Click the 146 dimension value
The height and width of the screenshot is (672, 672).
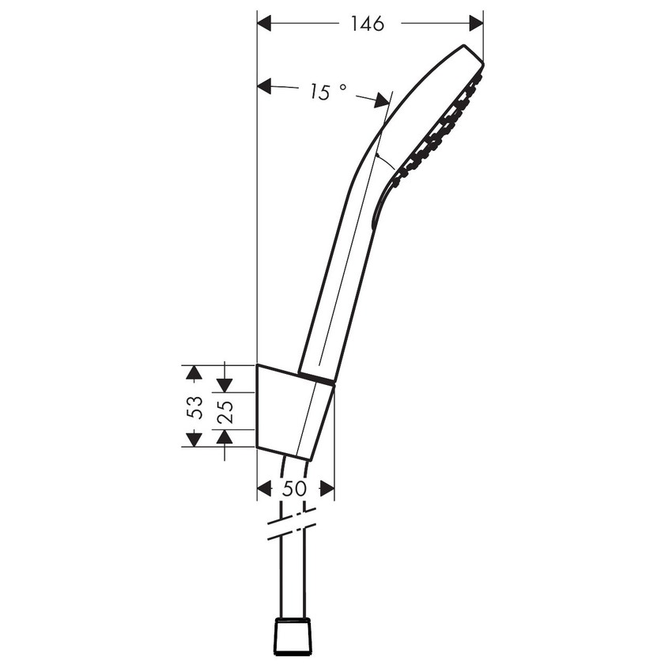point(367,24)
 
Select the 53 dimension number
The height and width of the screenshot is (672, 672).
point(194,407)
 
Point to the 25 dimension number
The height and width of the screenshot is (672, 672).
point(225,411)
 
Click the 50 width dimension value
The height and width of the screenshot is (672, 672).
point(294,489)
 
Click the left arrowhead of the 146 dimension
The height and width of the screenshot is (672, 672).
point(264,24)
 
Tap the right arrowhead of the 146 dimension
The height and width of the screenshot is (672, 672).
point(476,24)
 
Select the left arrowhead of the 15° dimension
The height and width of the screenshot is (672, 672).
point(264,86)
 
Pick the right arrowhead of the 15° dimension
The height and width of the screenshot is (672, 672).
point(383,100)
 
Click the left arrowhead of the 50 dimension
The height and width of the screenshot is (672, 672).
point(264,489)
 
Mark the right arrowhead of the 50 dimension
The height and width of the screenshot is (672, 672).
point(327,489)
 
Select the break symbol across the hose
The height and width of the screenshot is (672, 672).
point(292,524)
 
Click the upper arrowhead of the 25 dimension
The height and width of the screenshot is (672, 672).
point(225,384)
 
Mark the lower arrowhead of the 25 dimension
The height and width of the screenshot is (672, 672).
point(225,436)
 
